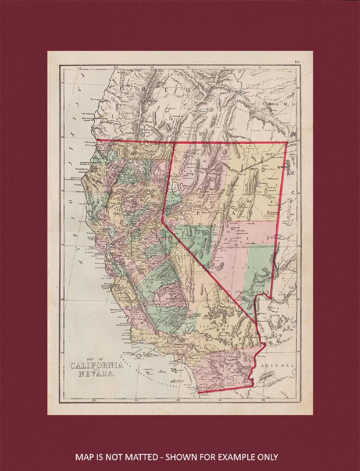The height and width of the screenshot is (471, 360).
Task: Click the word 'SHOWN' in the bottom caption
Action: click(x=182, y=457)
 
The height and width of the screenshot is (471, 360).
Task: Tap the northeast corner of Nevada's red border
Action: click(x=286, y=142)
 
